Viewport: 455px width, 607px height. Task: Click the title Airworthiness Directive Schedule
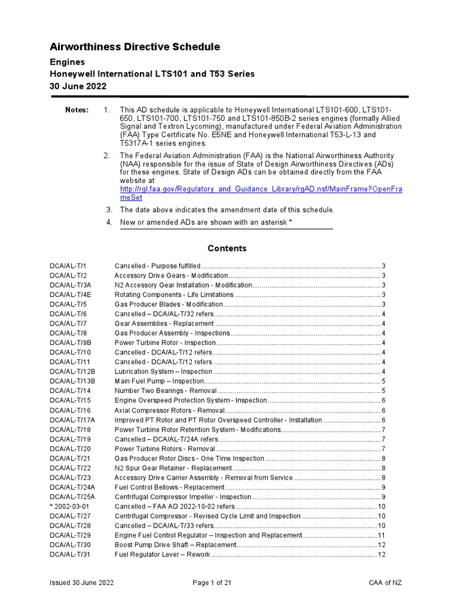tap(134, 47)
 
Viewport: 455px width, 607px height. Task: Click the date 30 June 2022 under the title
tap(78, 87)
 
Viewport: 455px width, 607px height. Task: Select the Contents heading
tap(227, 248)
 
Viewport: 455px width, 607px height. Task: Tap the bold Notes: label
tap(76, 110)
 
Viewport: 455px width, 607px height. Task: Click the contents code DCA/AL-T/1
tap(68, 266)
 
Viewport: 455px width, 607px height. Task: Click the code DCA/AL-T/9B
tap(71, 343)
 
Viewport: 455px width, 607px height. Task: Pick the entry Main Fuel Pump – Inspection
tap(159, 381)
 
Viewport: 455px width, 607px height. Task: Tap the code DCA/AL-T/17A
tap(72, 420)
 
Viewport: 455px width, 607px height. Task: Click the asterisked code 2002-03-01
tap(69, 506)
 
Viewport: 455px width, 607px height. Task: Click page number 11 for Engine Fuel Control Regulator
tap(382, 535)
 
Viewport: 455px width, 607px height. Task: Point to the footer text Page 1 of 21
tap(212, 583)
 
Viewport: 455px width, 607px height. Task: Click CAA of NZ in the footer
tap(385, 583)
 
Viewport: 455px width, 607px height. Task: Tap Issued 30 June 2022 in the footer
tap(81, 583)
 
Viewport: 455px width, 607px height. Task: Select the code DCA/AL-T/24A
tap(72, 487)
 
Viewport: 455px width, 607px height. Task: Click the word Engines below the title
tap(66, 62)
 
